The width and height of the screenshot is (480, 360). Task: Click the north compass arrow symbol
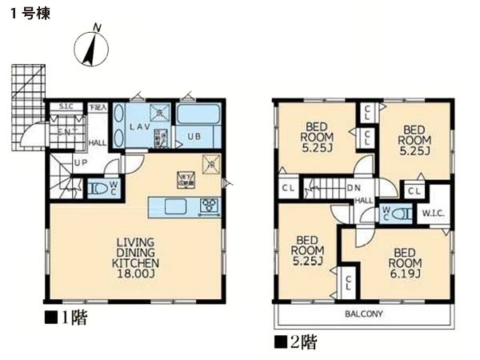click(x=93, y=48)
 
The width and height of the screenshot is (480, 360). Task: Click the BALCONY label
click(x=364, y=314)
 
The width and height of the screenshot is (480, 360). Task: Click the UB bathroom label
click(x=194, y=136)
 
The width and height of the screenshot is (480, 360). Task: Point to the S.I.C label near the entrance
click(x=67, y=107)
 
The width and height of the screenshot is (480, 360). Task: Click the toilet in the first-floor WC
click(x=99, y=190)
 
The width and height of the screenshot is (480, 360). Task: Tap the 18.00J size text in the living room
click(x=134, y=273)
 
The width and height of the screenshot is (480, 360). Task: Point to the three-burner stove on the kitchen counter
click(x=210, y=206)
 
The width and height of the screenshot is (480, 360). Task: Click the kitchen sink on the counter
click(x=176, y=206)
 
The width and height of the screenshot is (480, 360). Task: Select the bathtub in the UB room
click(x=199, y=114)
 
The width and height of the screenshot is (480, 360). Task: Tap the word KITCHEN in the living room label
click(x=134, y=262)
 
